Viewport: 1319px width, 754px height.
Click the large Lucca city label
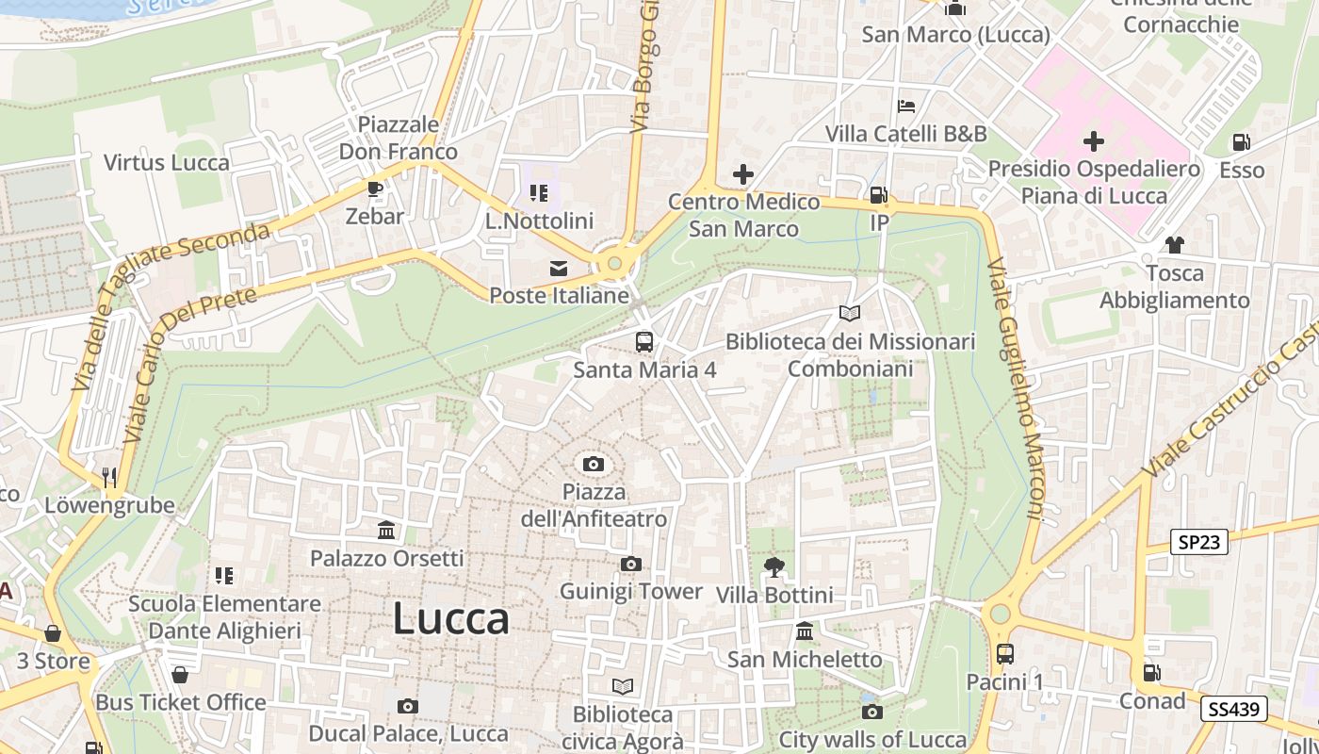450,619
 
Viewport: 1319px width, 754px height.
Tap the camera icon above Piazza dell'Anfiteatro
593,464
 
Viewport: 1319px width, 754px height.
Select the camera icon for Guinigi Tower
630,564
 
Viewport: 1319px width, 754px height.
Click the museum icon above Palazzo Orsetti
386,531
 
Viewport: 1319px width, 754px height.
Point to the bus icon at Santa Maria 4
644,342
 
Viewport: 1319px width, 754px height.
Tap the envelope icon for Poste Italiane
559,269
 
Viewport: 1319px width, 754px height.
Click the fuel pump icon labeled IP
878,195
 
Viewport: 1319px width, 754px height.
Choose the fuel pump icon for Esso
1242,142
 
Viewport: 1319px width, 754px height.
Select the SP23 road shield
1199,542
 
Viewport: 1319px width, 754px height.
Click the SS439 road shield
1233,709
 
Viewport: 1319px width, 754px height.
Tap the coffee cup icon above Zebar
375,188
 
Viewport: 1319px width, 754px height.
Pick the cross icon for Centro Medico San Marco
743,174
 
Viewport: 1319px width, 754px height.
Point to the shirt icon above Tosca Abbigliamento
1174,245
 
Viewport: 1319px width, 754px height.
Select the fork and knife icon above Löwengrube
110,477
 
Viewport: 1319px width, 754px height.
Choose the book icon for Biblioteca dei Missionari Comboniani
850,313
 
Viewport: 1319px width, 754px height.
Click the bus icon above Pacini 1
1005,653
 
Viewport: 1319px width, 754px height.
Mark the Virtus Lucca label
167,162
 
